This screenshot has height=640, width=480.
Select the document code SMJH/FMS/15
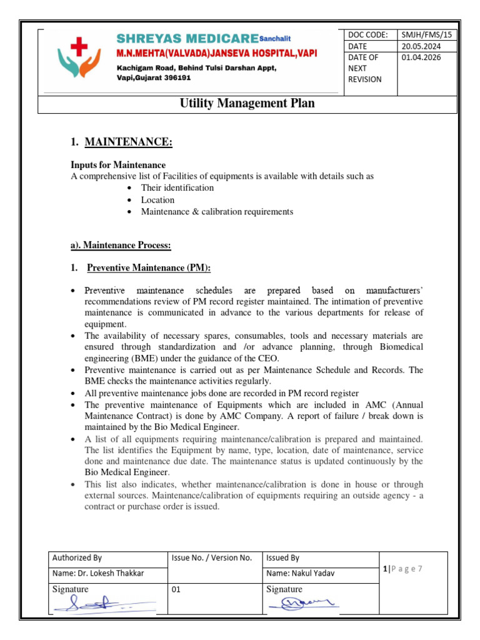[422, 35]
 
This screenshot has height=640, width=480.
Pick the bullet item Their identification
[177, 187]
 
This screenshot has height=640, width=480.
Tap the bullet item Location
[157, 200]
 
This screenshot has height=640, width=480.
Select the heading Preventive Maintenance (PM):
[149, 268]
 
